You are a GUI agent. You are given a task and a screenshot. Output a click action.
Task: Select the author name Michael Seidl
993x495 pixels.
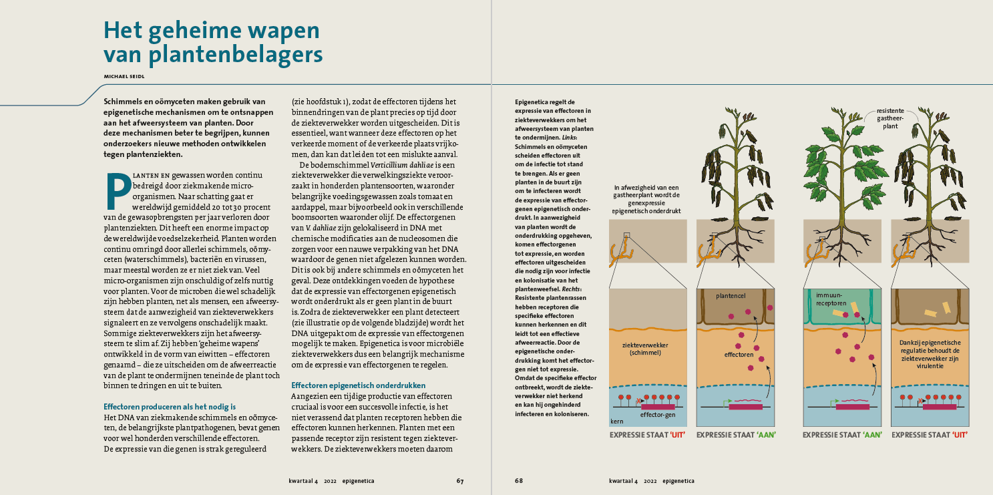pyautogui.click(x=124, y=77)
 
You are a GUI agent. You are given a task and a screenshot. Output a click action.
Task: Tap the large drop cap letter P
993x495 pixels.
pyautogui.click(x=118, y=192)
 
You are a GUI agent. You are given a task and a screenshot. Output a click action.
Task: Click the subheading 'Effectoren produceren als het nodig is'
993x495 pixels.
pyautogui.click(x=170, y=407)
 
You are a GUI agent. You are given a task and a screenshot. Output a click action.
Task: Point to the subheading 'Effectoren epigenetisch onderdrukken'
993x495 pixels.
pyautogui.click(x=358, y=385)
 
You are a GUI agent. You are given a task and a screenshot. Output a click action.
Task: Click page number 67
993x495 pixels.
pyautogui.click(x=460, y=480)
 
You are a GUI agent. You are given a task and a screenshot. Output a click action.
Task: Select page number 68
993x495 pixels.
pyautogui.click(x=519, y=480)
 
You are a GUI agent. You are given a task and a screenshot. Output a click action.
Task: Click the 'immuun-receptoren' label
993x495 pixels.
pyautogui.click(x=829, y=298)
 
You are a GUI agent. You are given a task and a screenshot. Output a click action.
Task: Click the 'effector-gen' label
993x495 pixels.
pyautogui.click(x=658, y=416)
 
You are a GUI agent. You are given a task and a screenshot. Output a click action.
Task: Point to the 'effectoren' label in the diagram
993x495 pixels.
pyautogui.click(x=739, y=355)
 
